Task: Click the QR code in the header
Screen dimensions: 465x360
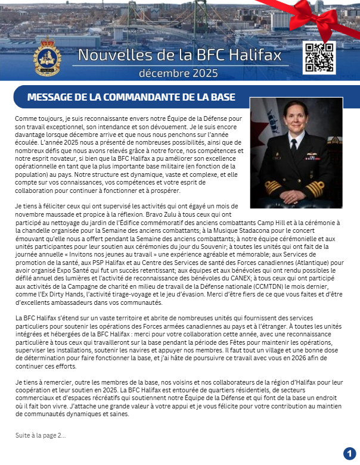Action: click(x=319, y=58)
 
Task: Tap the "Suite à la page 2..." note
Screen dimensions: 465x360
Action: click(x=41, y=436)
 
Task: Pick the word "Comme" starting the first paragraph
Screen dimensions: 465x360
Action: click(x=26, y=118)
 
